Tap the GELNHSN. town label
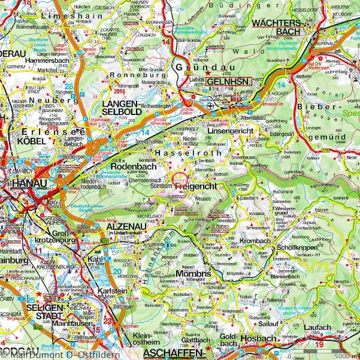coord(230,81)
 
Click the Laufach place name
coord(319,328)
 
